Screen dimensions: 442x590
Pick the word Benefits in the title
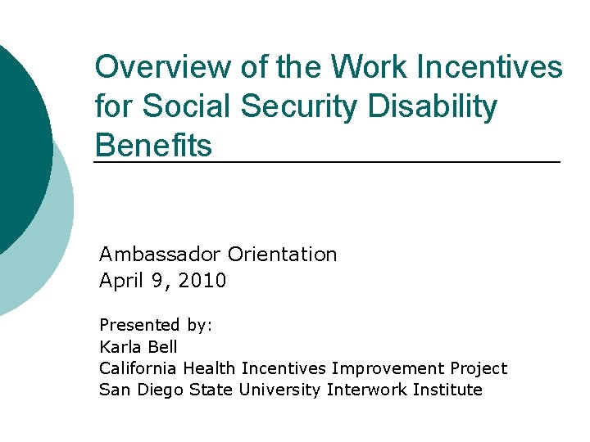[153, 146]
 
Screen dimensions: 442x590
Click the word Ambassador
[161, 255]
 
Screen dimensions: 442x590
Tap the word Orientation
[282, 255]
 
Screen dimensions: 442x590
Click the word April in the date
[120, 281]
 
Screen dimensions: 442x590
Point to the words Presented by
[156, 325]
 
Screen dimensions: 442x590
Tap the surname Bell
[162, 347]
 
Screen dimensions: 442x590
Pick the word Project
[479, 368]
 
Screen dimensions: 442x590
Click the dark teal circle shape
[20, 139]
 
